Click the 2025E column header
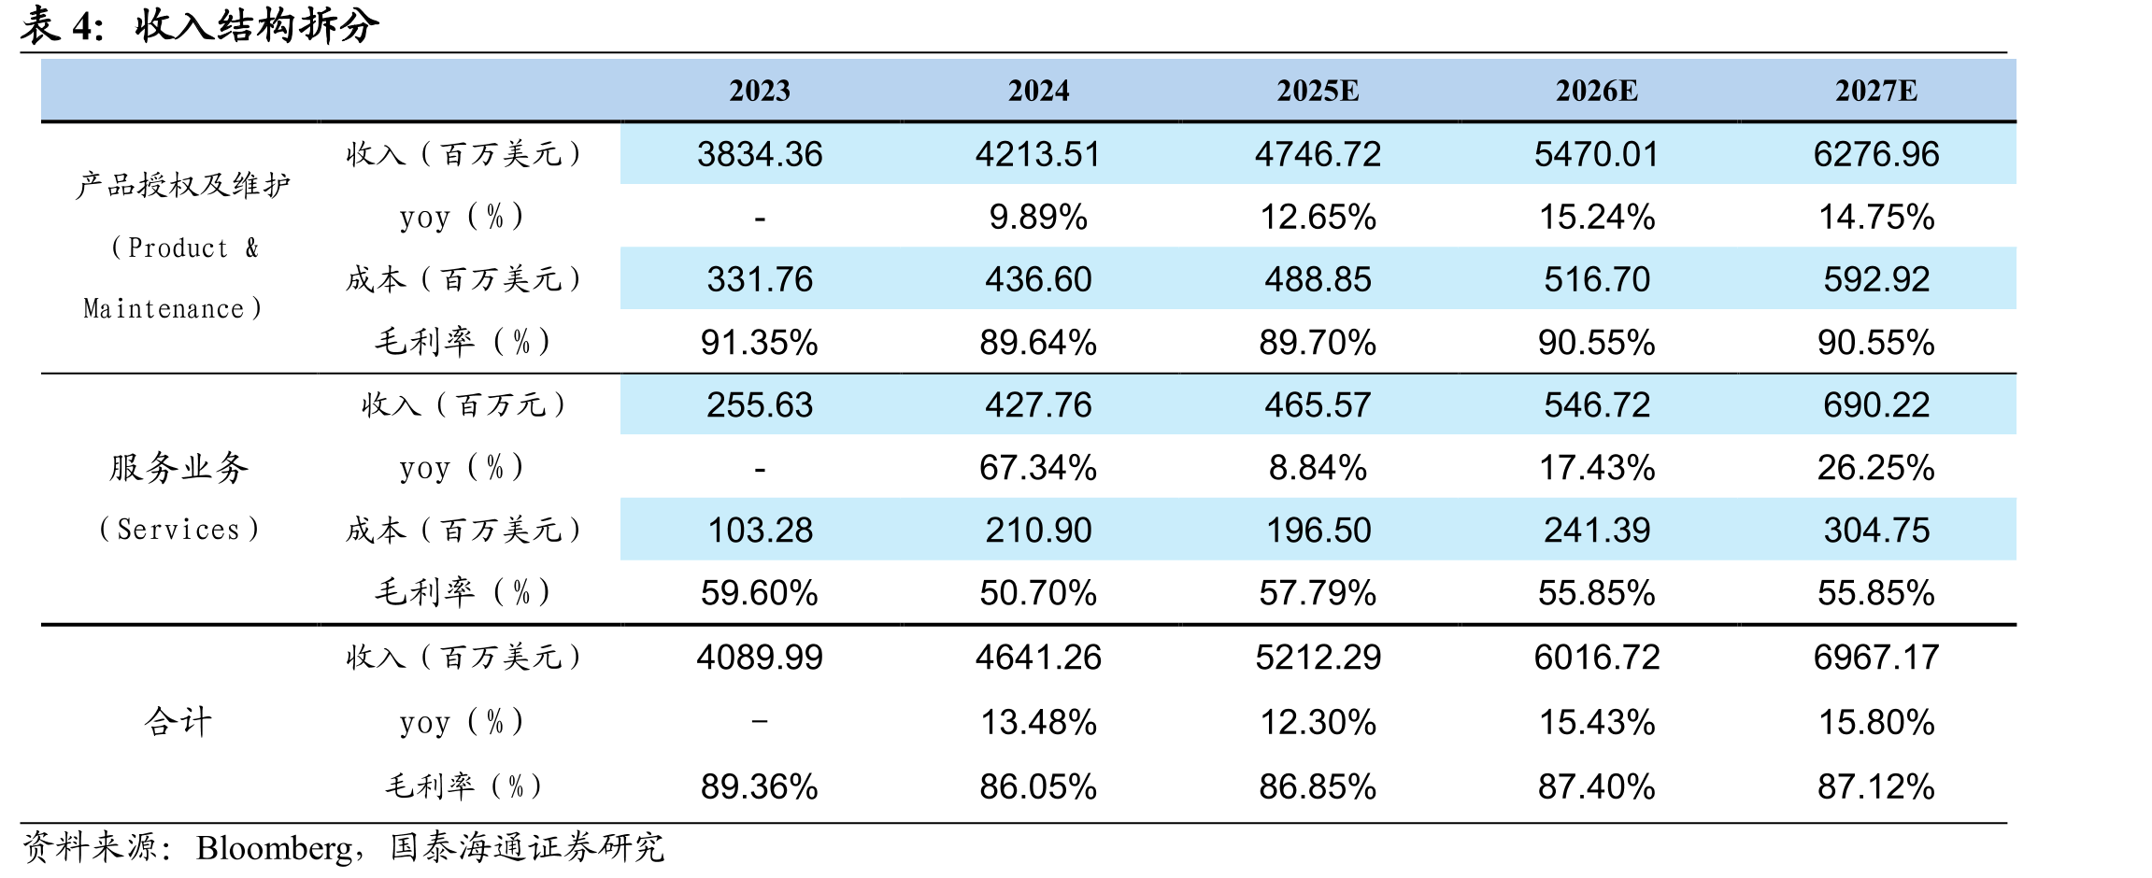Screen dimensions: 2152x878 click(1318, 91)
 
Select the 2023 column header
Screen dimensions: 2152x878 click(760, 91)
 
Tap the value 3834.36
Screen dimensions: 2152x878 click(760, 154)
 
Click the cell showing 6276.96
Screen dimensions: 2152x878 click(1876, 154)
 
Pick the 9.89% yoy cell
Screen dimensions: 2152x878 click(1038, 217)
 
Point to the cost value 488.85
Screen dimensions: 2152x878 click(1318, 279)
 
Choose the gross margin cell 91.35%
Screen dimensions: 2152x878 click(760, 342)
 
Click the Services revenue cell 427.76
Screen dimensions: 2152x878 click(1038, 404)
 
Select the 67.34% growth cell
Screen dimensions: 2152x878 click(1038, 467)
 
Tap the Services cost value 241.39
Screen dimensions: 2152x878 click(1597, 530)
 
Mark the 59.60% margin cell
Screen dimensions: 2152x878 click(760, 592)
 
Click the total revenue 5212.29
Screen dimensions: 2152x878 click(1318, 657)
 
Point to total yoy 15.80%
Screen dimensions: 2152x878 click(1876, 722)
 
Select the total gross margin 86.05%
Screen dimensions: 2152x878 click(1038, 786)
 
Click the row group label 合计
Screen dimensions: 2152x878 click(178, 721)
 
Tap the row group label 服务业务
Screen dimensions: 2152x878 click(178, 467)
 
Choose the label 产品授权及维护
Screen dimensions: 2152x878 click(183, 184)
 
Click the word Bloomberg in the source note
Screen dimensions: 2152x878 click(275, 848)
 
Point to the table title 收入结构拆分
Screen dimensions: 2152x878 click(257, 25)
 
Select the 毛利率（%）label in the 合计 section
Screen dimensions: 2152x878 click(463, 786)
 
